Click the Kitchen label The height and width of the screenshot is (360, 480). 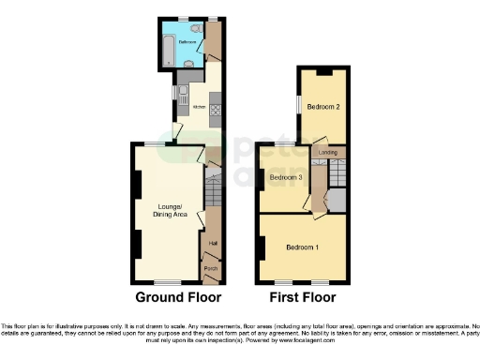point(199,108)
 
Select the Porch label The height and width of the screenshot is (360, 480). point(212,270)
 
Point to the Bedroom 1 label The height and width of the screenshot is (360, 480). point(302,247)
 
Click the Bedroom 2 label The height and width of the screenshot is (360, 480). point(323,107)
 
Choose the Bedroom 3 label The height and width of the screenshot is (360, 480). point(286,177)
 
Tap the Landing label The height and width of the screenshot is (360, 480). point(328,152)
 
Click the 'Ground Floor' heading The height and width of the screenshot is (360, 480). point(178,297)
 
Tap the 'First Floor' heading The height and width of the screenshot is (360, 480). point(302,297)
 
